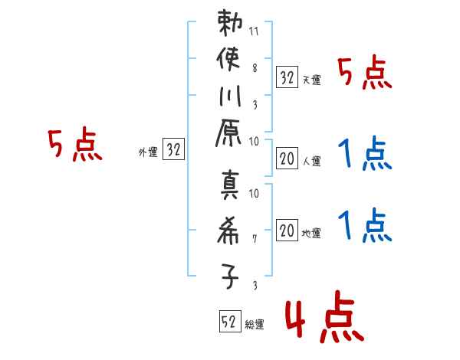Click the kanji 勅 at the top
(230, 24)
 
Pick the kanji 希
(230, 231)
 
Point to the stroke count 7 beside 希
(255, 238)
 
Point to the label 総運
(255, 325)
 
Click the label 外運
(148, 152)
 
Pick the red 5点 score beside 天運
(364, 74)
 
